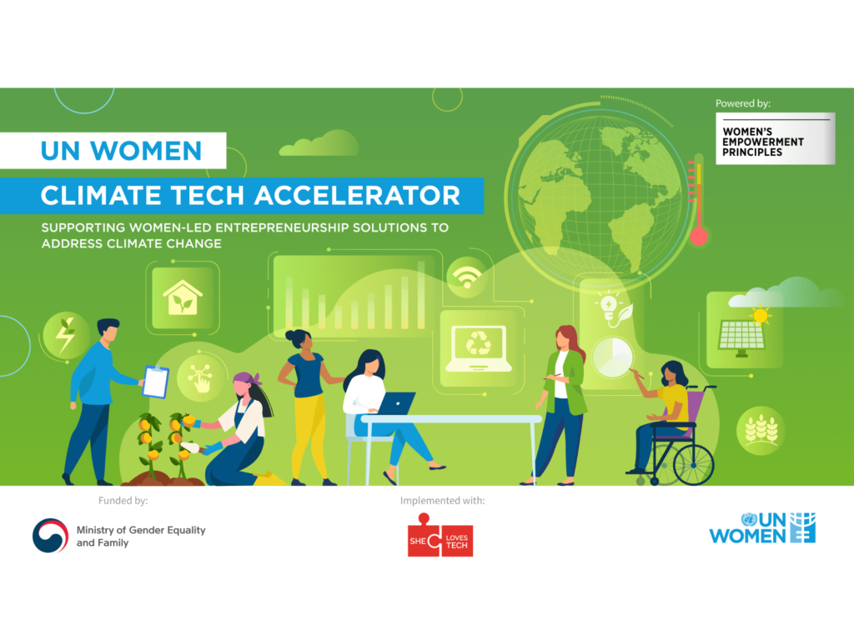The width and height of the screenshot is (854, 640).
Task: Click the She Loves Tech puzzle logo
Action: tap(440, 535)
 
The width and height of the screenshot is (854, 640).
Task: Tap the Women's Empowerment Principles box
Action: tap(775, 139)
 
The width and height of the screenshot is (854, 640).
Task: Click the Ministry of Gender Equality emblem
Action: tap(51, 536)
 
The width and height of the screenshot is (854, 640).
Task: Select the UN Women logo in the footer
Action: tap(762, 527)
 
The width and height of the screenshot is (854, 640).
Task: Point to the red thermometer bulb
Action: tap(698, 237)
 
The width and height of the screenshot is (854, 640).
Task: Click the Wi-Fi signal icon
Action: tap(466, 277)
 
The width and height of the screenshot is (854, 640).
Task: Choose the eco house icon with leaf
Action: tap(183, 297)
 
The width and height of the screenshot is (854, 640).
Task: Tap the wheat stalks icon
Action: tap(761, 430)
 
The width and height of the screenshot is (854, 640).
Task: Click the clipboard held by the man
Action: tap(156, 382)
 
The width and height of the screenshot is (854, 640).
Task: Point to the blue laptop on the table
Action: tap(396, 403)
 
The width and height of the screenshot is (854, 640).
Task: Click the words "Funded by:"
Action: tap(123, 501)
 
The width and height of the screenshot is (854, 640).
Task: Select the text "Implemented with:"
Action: tap(442, 501)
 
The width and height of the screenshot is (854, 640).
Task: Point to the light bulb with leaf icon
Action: tap(615, 310)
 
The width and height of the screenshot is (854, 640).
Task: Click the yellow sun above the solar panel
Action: tap(761, 315)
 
